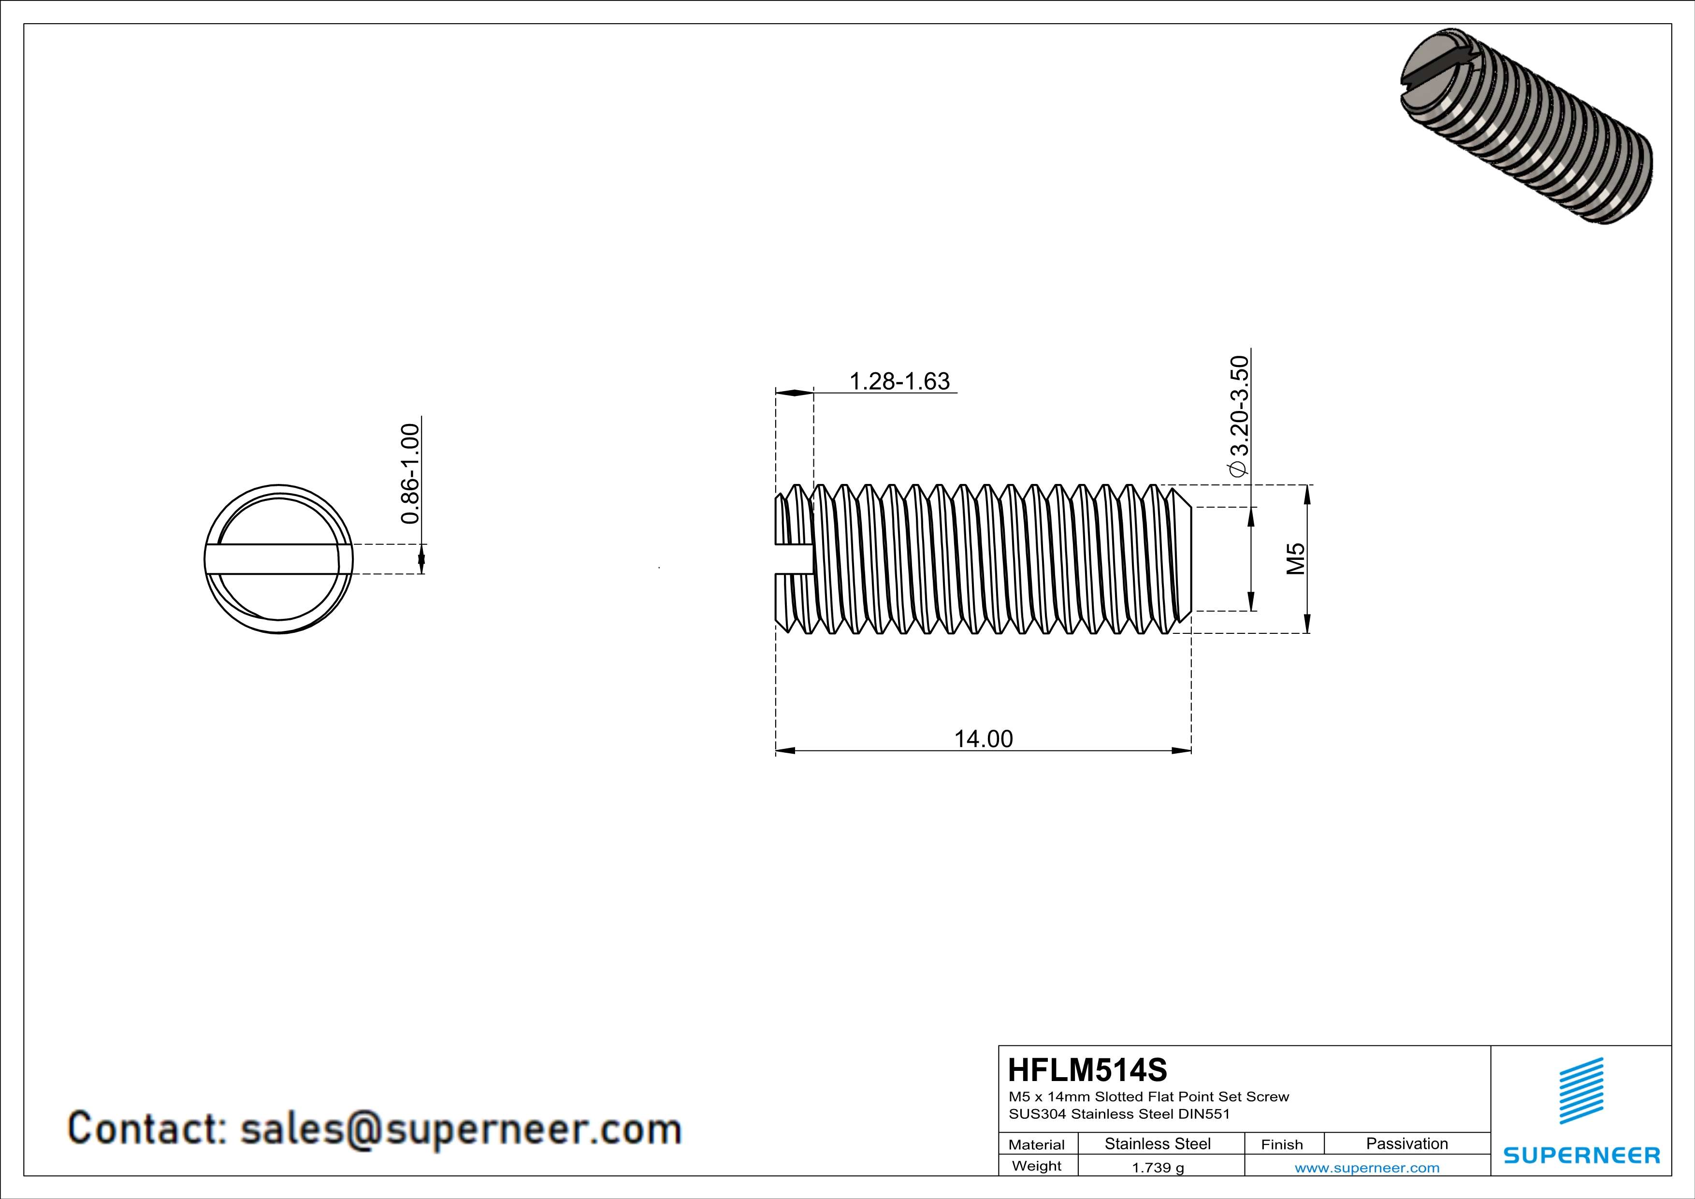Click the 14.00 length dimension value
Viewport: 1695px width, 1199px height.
coord(984,739)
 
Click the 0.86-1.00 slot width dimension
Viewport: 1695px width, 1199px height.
coord(410,473)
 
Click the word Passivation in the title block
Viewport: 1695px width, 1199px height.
coord(1406,1143)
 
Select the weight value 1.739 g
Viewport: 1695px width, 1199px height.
coord(1158,1167)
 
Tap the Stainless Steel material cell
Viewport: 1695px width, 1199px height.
coord(1158,1143)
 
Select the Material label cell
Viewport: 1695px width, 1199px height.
coord(1037,1144)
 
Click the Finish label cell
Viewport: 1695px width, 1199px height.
coord(1282,1144)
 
